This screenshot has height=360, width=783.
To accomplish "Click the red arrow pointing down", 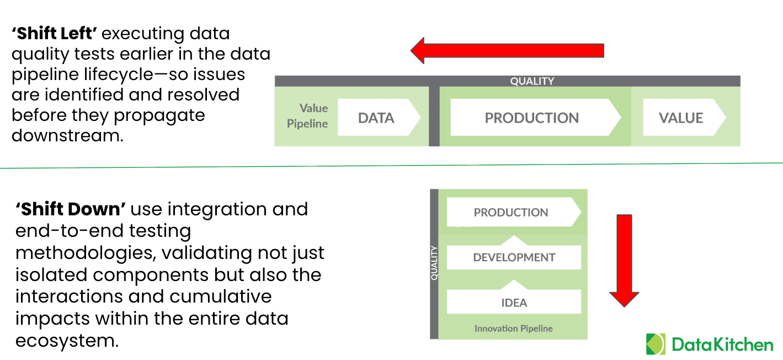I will click(x=624, y=260).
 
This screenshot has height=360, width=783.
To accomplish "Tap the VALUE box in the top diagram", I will click(x=681, y=118).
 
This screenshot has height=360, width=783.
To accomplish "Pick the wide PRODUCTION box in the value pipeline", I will click(x=532, y=118).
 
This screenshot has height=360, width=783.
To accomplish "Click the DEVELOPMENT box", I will click(x=514, y=257).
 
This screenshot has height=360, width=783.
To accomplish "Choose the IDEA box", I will click(x=514, y=303).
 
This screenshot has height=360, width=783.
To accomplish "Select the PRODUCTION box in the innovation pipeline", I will click(x=511, y=213).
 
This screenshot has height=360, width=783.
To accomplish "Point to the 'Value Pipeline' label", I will click(x=307, y=116).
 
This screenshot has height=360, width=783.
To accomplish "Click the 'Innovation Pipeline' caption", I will click(x=513, y=329).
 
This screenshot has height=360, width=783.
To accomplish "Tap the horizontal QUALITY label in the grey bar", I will click(x=532, y=81).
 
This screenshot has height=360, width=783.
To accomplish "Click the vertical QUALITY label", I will click(x=434, y=263).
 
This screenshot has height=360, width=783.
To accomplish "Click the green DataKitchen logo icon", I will click(x=656, y=344).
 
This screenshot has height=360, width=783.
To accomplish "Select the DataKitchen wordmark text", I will click(x=722, y=345).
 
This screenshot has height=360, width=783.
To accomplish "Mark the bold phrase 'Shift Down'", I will click(x=72, y=209).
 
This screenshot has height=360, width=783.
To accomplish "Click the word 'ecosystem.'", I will click(x=67, y=340).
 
